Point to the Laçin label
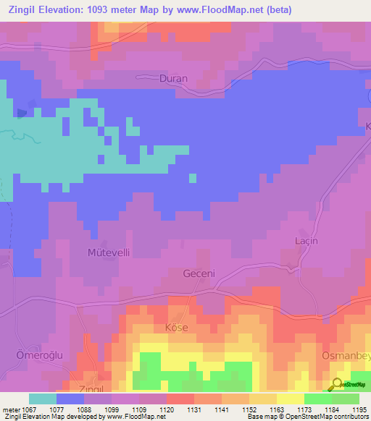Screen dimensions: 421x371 307,241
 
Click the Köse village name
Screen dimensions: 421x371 177,328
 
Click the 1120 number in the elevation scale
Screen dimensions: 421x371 166,409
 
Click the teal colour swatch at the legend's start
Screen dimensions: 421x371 42,399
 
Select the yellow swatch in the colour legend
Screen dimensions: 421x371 290,399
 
